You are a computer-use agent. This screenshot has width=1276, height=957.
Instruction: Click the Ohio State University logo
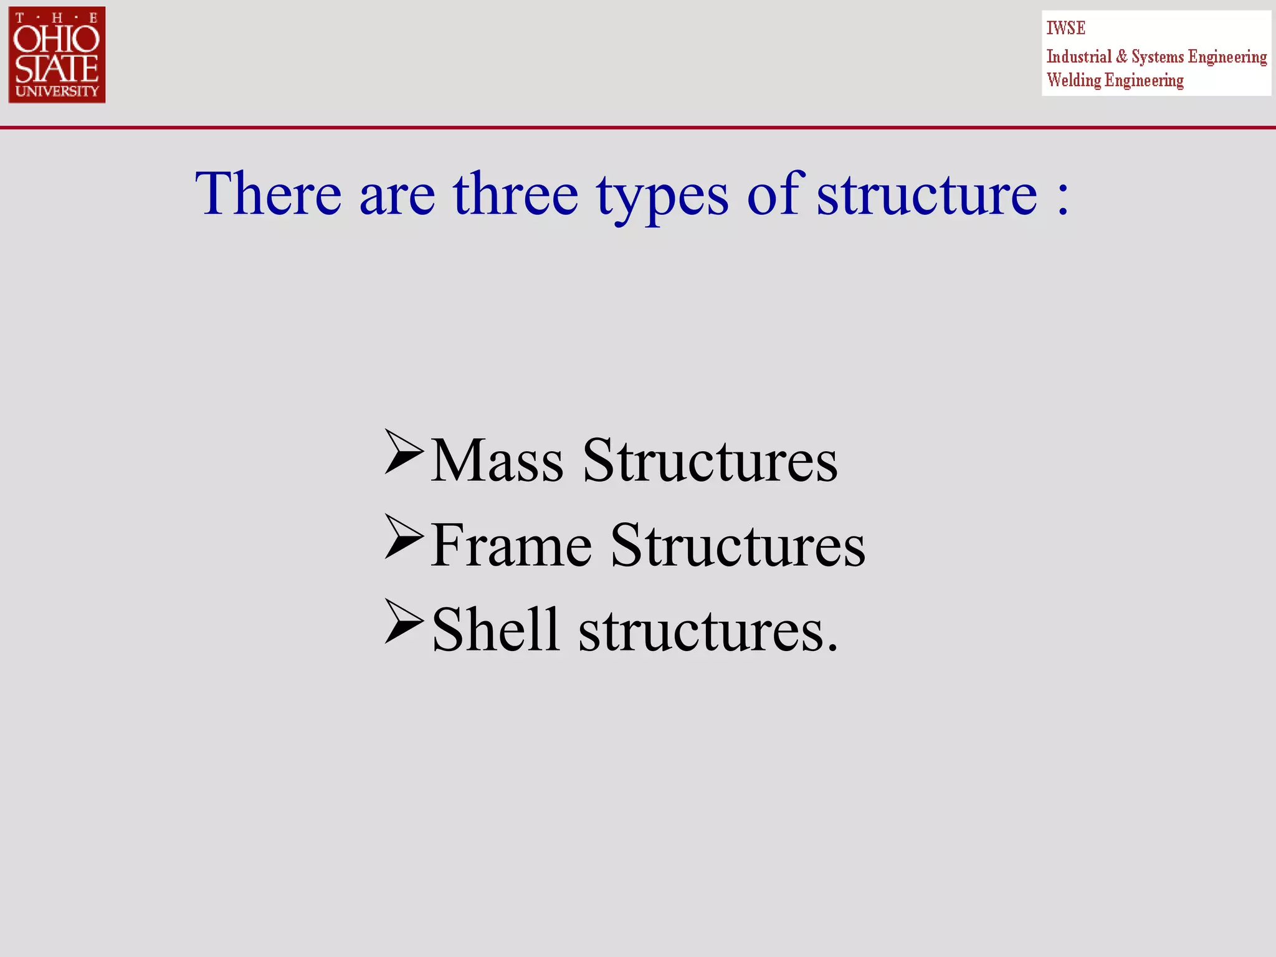click(57, 55)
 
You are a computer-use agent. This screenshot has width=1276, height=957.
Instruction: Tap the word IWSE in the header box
click(1065, 28)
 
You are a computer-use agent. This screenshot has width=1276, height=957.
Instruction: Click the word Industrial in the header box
click(1078, 57)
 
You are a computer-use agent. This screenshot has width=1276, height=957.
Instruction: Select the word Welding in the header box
click(1074, 80)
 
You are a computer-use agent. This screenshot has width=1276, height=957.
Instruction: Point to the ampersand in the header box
click(1121, 57)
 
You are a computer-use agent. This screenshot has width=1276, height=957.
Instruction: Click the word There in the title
click(269, 194)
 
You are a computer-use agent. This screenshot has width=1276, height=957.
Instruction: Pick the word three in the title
click(515, 194)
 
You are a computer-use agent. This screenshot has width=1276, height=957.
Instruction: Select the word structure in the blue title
click(926, 194)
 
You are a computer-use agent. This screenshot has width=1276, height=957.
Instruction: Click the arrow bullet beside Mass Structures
click(404, 452)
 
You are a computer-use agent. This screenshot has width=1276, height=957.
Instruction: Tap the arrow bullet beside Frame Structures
click(404, 536)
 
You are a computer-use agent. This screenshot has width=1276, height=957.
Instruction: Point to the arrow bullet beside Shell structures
click(404, 621)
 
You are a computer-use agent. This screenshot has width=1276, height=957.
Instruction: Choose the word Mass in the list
click(497, 461)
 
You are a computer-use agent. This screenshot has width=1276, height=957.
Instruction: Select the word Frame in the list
click(511, 546)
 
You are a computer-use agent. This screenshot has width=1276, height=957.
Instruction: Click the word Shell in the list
click(496, 630)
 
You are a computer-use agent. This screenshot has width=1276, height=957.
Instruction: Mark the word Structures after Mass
click(710, 461)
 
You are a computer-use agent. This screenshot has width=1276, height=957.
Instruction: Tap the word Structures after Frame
click(738, 546)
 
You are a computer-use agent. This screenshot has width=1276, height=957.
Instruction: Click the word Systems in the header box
click(1157, 57)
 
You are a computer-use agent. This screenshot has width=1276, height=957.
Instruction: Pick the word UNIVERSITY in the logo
click(57, 91)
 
